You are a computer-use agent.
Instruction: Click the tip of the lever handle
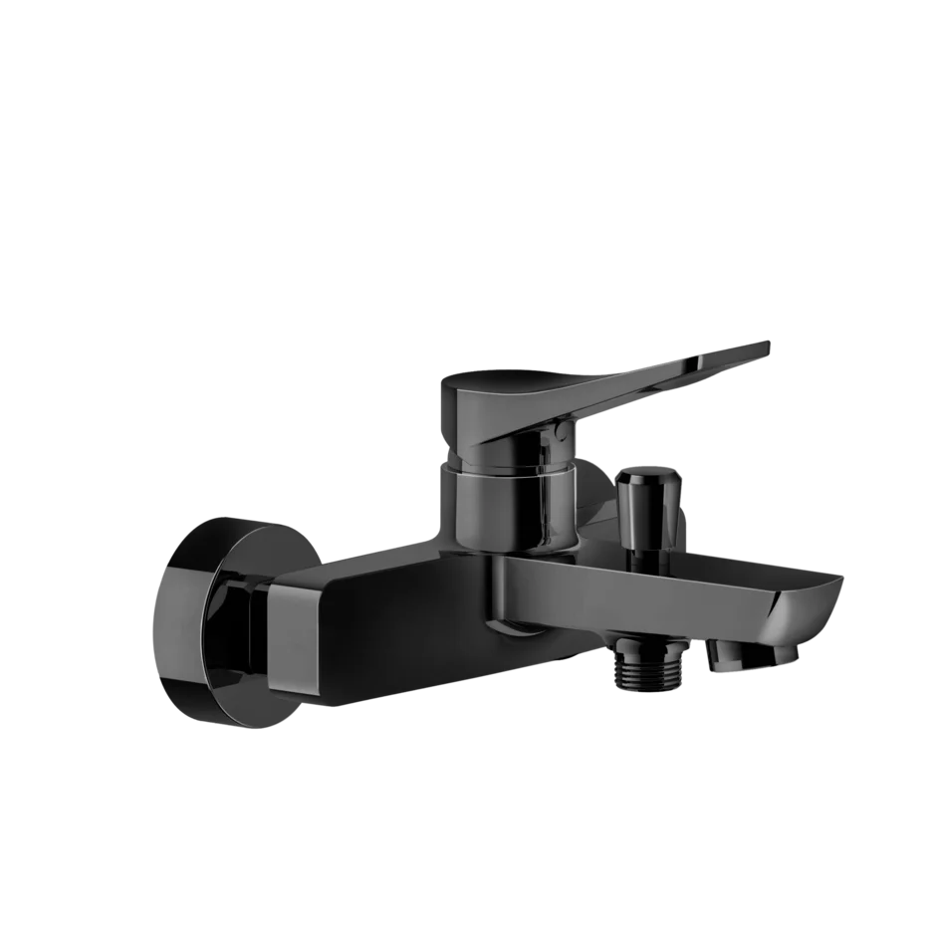[763, 346]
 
